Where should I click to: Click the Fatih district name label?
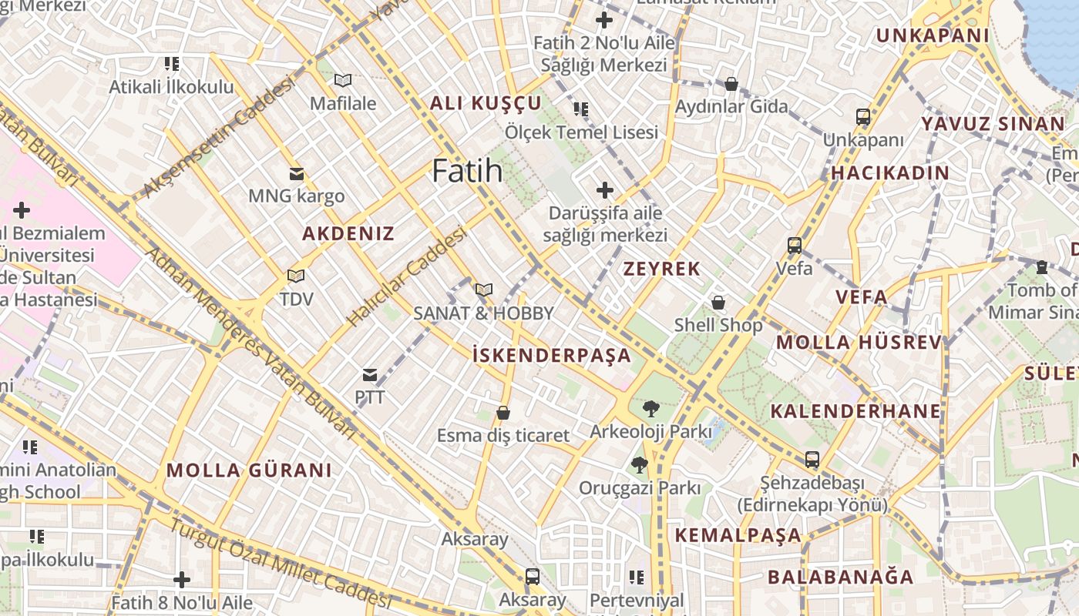point(467,170)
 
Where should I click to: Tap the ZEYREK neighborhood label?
point(661,269)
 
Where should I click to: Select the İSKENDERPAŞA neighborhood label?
point(551,355)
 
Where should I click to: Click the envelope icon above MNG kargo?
point(296,173)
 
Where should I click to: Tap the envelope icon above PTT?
point(370,375)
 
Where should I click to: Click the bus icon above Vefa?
point(795,246)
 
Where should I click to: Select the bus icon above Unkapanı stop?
point(863,117)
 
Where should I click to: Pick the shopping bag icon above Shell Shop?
point(718,303)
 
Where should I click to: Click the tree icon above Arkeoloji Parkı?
point(650,409)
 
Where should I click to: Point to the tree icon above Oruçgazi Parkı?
point(639,464)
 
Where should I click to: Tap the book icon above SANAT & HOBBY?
point(483,290)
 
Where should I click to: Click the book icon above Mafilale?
point(343,80)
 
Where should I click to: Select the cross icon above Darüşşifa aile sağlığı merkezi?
point(605,189)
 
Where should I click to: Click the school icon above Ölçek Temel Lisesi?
point(581,109)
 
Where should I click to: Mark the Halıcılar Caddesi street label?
point(406,276)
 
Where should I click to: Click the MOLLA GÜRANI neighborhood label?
point(249,470)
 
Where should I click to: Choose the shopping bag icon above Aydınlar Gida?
point(731,84)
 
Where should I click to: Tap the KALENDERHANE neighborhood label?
point(855,410)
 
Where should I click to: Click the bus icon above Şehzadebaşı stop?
point(812,460)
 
